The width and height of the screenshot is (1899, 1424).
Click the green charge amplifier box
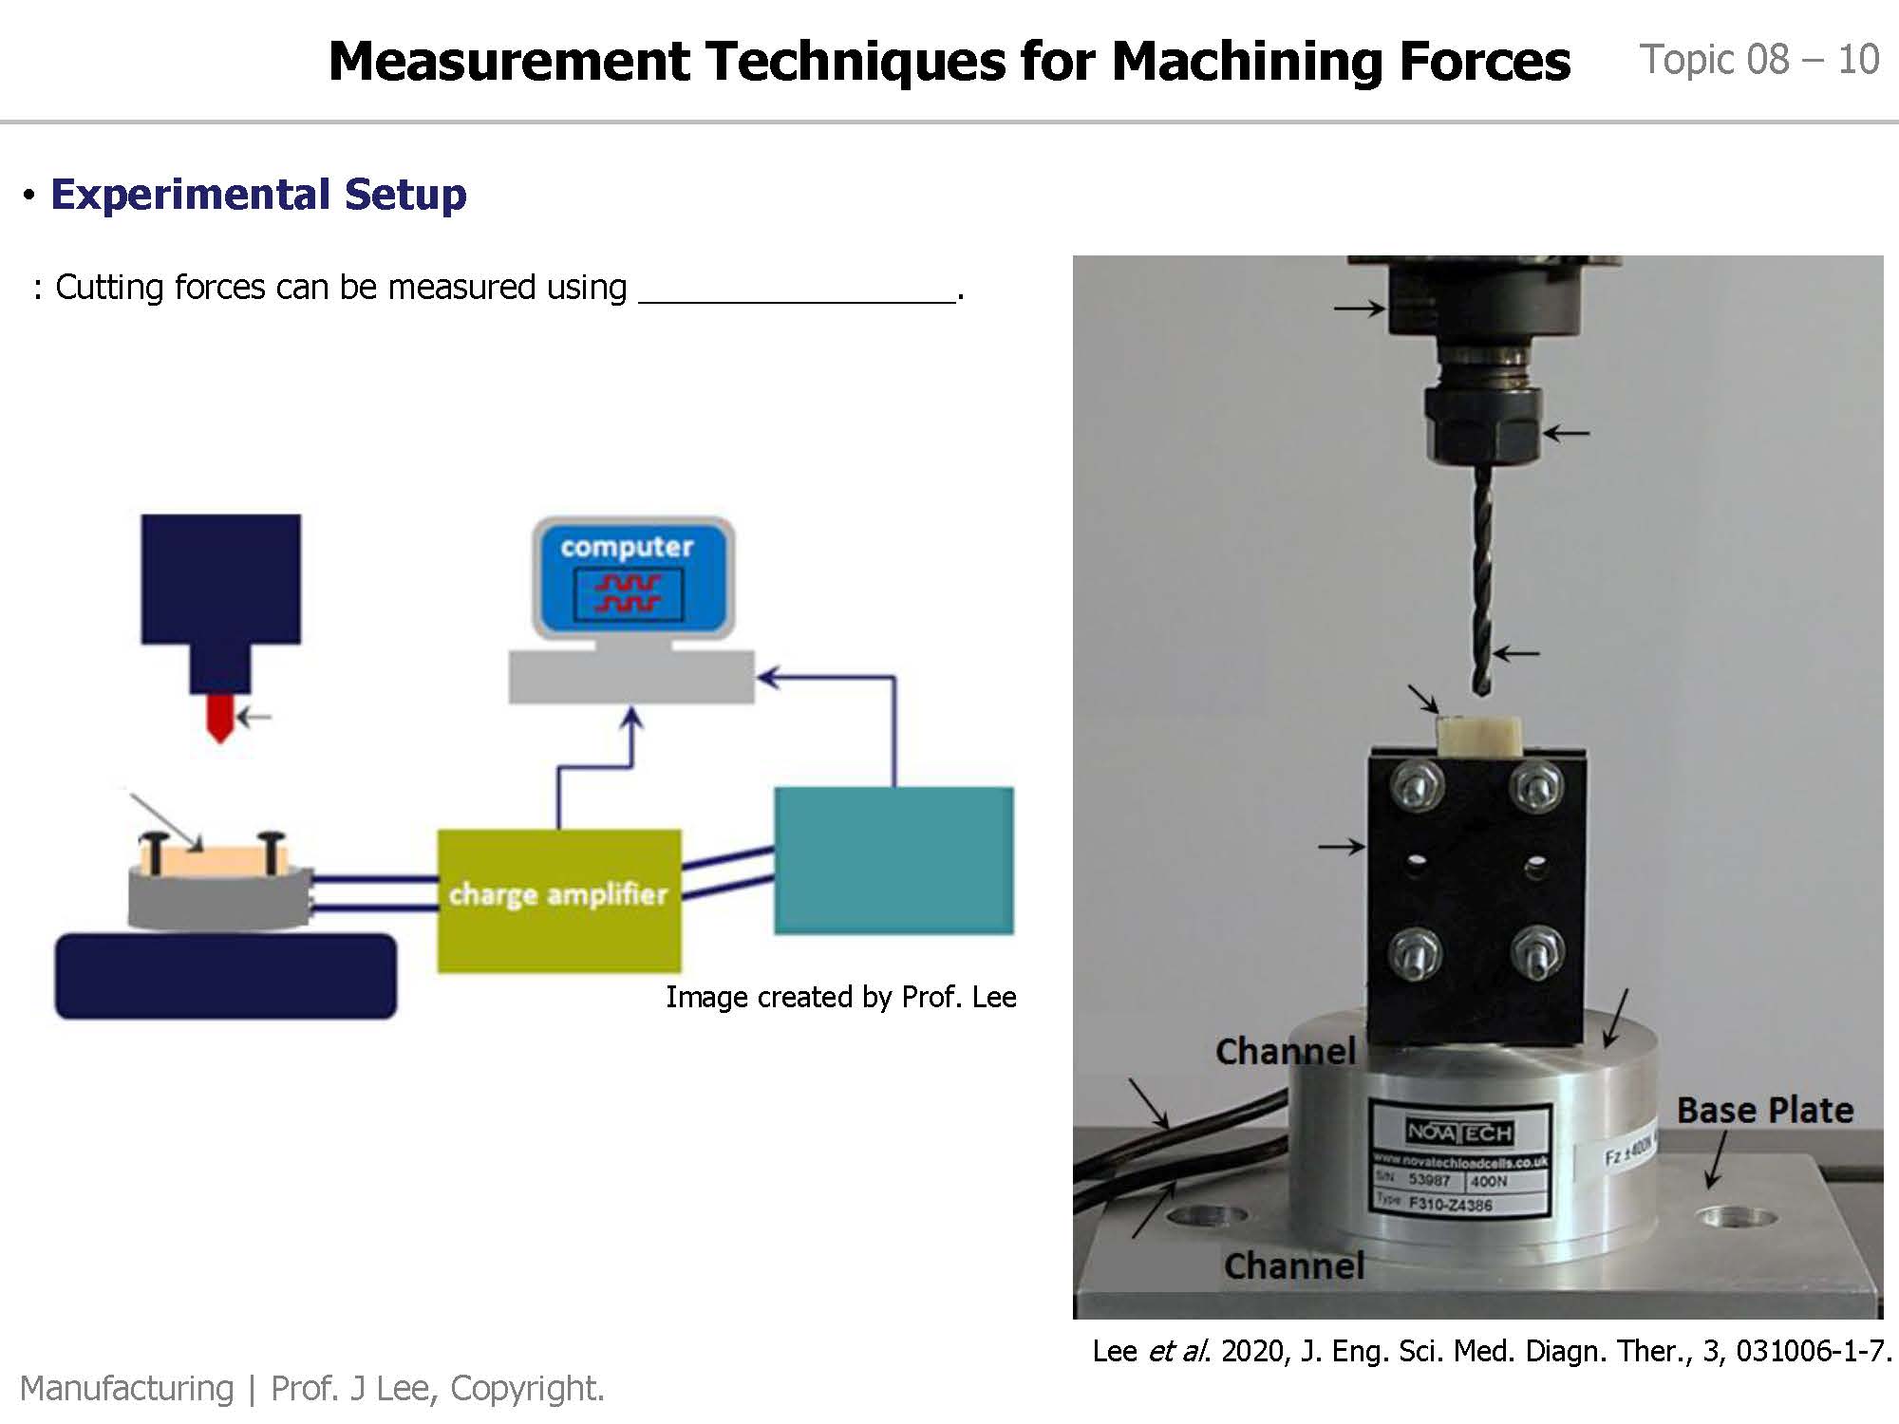pos(558,899)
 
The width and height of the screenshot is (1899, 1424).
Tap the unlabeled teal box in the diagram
pos(893,860)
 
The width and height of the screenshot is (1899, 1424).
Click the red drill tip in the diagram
pos(220,718)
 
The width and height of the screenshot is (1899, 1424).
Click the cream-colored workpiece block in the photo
pos(1478,737)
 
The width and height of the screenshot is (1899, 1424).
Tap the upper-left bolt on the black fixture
pos(1417,786)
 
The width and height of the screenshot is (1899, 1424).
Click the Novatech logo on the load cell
pos(1459,1132)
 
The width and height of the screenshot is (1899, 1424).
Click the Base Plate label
pos(1764,1110)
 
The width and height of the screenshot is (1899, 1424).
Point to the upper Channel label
pos(1286,1051)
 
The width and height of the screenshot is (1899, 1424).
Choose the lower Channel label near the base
pos(1294,1265)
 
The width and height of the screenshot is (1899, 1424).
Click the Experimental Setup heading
pos(258,195)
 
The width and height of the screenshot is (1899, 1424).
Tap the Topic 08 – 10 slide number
pos(1758,60)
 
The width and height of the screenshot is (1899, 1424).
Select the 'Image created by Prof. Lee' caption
pos(840,997)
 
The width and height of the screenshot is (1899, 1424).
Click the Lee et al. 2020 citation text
pos(1491,1350)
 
